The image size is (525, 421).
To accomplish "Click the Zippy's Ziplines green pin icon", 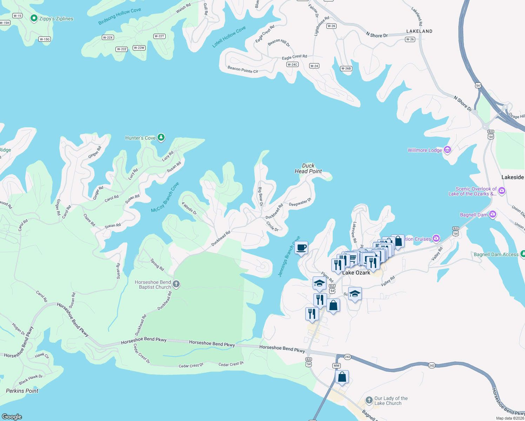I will click(34, 18).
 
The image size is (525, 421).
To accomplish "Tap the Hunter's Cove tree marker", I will click(161, 137).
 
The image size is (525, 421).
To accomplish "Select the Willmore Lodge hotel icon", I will click(447, 150).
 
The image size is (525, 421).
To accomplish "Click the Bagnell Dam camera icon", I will click(493, 214).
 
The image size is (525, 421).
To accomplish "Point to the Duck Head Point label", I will click(308, 168).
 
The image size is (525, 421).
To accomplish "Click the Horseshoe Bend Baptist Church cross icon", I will click(176, 284).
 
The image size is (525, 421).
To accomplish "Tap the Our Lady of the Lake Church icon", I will click(369, 400).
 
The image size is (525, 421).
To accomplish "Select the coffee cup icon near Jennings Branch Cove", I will click(301, 248).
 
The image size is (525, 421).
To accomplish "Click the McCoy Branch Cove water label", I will click(165, 197).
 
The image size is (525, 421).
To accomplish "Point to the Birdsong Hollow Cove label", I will click(119, 16).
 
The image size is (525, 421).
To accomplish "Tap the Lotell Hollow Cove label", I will click(229, 36).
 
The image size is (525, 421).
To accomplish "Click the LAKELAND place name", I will click(419, 31).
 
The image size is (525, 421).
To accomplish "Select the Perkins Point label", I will click(22, 391).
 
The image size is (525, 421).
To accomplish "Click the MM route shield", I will click(337, 366).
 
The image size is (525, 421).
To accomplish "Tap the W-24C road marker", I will click(292, 65).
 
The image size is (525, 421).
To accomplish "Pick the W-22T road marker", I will click(159, 36).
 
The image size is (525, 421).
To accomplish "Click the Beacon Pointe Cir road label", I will click(242, 69).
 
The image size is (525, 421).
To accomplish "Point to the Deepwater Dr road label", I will click(300, 202).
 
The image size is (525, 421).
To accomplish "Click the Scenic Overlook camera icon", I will click(502, 191).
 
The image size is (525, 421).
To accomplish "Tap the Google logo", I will click(12, 416).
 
